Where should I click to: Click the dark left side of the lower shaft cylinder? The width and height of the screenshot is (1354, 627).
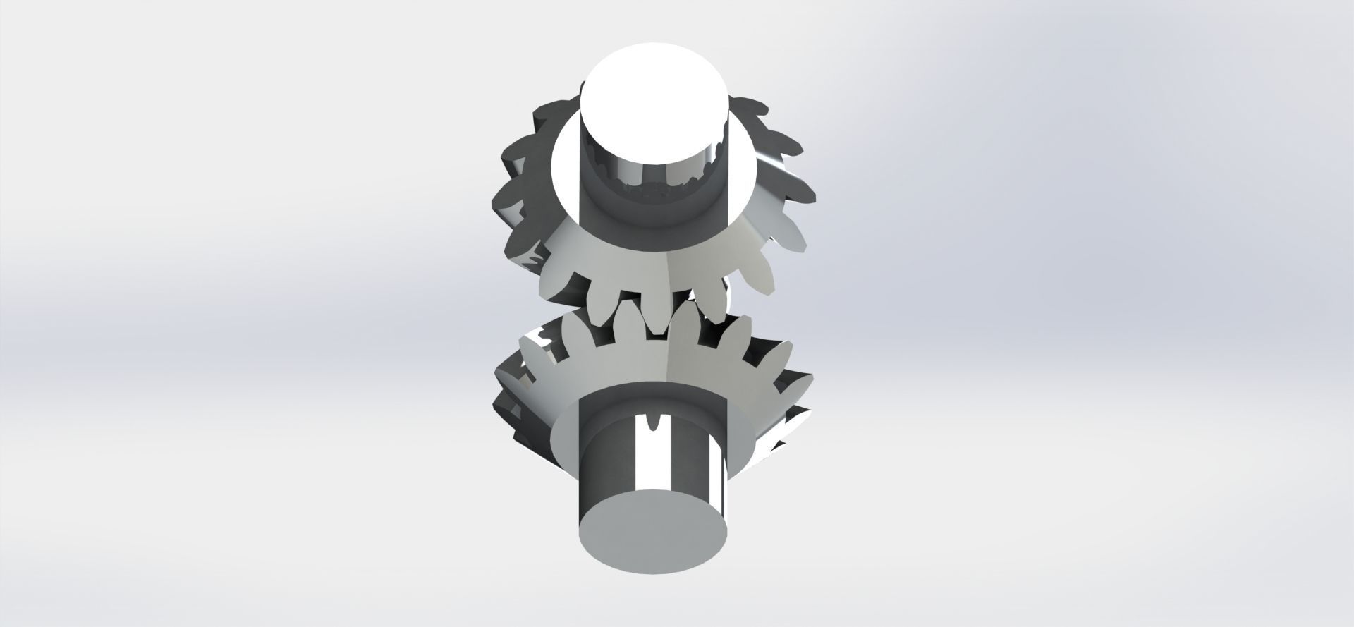pos(599,458)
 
